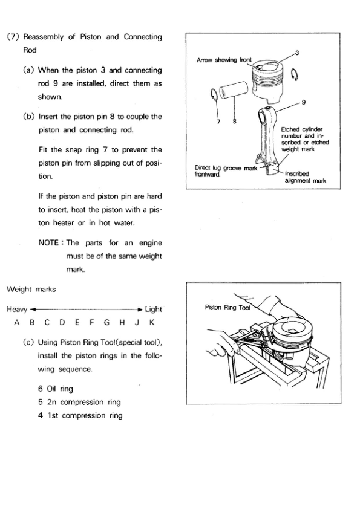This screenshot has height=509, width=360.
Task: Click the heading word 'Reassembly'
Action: (x=43, y=37)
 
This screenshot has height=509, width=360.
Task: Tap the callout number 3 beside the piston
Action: (x=297, y=53)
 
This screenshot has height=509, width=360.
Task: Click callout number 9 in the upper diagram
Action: (x=304, y=102)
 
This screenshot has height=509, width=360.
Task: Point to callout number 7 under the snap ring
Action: (x=218, y=122)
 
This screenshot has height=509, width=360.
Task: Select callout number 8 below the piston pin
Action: (x=235, y=122)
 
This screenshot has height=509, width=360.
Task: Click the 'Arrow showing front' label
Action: (x=224, y=60)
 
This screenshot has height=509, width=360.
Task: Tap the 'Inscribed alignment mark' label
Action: (x=305, y=177)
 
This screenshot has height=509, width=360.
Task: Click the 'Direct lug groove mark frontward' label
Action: (x=226, y=171)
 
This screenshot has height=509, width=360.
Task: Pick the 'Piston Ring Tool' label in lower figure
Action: (x=227, y=308)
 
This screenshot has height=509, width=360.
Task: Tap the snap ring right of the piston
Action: (x=295, y=74)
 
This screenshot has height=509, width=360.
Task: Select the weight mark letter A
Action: (x=17, y=323)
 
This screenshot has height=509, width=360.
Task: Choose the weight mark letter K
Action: (x=152, y=323)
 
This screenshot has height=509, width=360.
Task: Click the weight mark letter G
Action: (x=106, y=323)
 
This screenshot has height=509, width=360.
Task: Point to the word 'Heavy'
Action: (x=17, y=310)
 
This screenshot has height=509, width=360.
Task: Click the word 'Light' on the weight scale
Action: (x=153, y=309)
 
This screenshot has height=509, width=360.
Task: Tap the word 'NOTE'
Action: (x=48, y=243)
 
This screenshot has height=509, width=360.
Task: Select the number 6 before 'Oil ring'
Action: (x=41, y=389)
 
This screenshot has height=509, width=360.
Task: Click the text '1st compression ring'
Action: (x=85, y=415)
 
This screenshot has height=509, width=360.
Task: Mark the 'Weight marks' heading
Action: (x=31, y=289)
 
